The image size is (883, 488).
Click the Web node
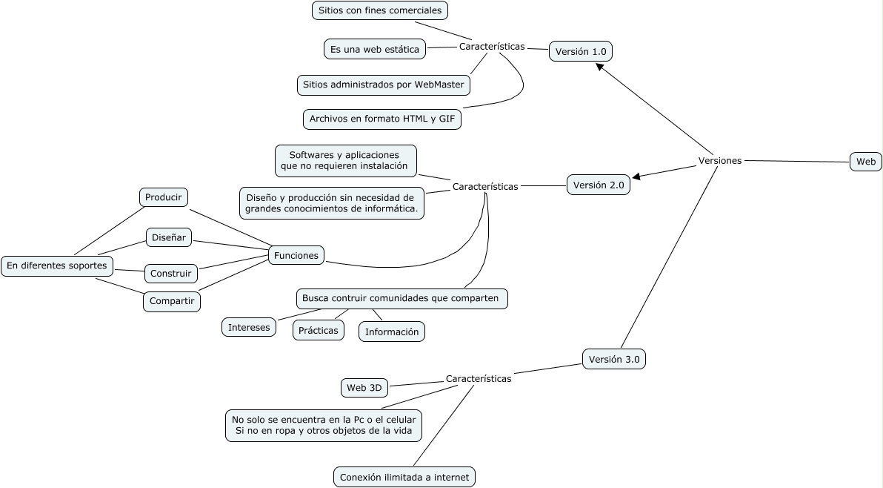click(865, 162)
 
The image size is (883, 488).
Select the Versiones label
click(719, 161)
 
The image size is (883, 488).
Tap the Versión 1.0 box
click(581, 51)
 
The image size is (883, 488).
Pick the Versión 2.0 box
click(599, 185)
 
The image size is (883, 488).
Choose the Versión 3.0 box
click(614, 360)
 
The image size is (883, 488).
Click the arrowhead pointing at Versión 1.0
click(601, 67)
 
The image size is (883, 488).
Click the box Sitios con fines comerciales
click(380, 10)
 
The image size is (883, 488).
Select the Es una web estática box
click(375, 50)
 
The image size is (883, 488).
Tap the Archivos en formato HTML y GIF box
click(382, 119)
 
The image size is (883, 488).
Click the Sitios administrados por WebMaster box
click(384, 85)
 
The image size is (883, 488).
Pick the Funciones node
click(296, 255)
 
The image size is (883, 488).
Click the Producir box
click(164, 197)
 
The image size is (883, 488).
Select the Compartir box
click(172, 301)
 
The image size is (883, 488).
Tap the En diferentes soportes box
click(57, 266)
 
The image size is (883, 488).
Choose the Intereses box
click(249, 327)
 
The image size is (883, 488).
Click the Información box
click(392, 332)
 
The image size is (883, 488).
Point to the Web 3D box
click(364, 387)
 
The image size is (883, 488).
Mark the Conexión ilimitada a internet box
click(404, 477)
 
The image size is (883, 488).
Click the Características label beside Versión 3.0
click(478, 379)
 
